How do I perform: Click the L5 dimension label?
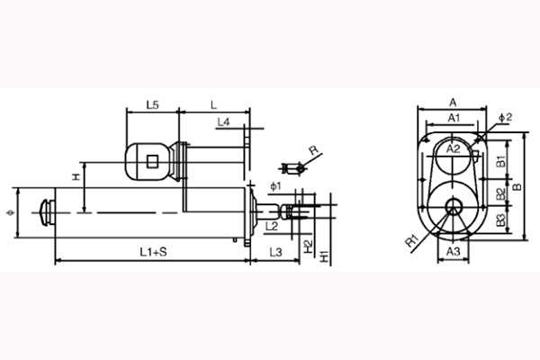(153, 104)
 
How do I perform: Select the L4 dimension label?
(223, 122)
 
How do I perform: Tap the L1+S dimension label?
(153, 252)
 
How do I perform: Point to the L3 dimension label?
(275, 252)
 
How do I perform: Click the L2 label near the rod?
(272, 226)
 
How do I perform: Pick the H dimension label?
(76, 176)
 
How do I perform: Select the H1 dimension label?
(324, 256)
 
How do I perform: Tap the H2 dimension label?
(308, 247)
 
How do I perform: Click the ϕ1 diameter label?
(275, 186)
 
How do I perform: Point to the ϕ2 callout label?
(505, 117)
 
